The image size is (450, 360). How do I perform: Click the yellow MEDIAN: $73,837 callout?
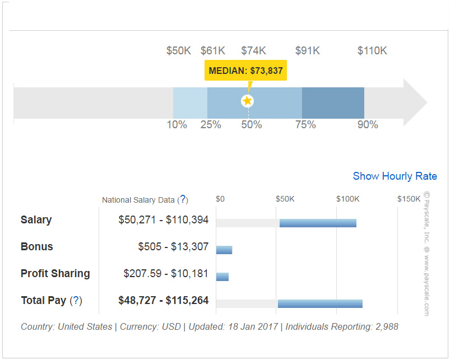pyautogui.click(x=245, y=71)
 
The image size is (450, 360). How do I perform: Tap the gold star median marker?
pyautogui.click(x=247, y=101)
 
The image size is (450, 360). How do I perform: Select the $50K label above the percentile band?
pyautogui.click(x=179, y=51)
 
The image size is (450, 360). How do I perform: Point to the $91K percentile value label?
pyautogui.click(x=308, y=51)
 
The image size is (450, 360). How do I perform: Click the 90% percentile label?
pyautogui.click(x=368, y=125)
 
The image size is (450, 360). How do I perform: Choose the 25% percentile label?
pyautogui.click(x=211, y=125)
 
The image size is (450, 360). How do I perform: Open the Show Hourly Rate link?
pyautogui.click(x=395, y=176)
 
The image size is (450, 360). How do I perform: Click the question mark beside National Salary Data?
pyautogui.click(x=183, y=200)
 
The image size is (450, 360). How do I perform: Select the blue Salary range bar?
pyautogui.click(x=318, y=223)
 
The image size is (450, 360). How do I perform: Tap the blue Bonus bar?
pyautogui.click(x=224, y=250)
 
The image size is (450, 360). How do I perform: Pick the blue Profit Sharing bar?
pyautogui.click(x=222, y=277)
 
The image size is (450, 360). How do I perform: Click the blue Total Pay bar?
pyautogui.click(x=320, y=303)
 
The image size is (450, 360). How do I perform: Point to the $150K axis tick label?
pyautogui.click(x=409, y=199)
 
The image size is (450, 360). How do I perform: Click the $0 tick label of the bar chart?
pyautogui.click(x=220, y=199)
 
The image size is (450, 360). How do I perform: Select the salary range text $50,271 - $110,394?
pyautogui.click(x=163, y=220)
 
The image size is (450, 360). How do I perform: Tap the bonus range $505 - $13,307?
pyautogui.click(x=173, y=247)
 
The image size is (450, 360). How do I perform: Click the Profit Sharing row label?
pyautogui.click(x=55, y=274)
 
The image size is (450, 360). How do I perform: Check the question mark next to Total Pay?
pyautogui.click(x=76, y=301)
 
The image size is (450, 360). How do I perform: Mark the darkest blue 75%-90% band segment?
pyautogui.click(x=333, y=103)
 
